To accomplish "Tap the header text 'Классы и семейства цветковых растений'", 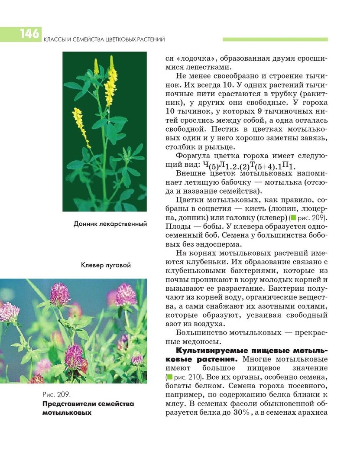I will coord(104,40).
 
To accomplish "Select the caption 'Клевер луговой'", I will coord(106,265).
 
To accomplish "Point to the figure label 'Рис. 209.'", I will coord(56,395).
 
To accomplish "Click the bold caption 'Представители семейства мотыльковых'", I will coord(88,408).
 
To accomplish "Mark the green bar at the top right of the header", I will coord(275,39).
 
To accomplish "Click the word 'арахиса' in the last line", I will coord(312,413).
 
